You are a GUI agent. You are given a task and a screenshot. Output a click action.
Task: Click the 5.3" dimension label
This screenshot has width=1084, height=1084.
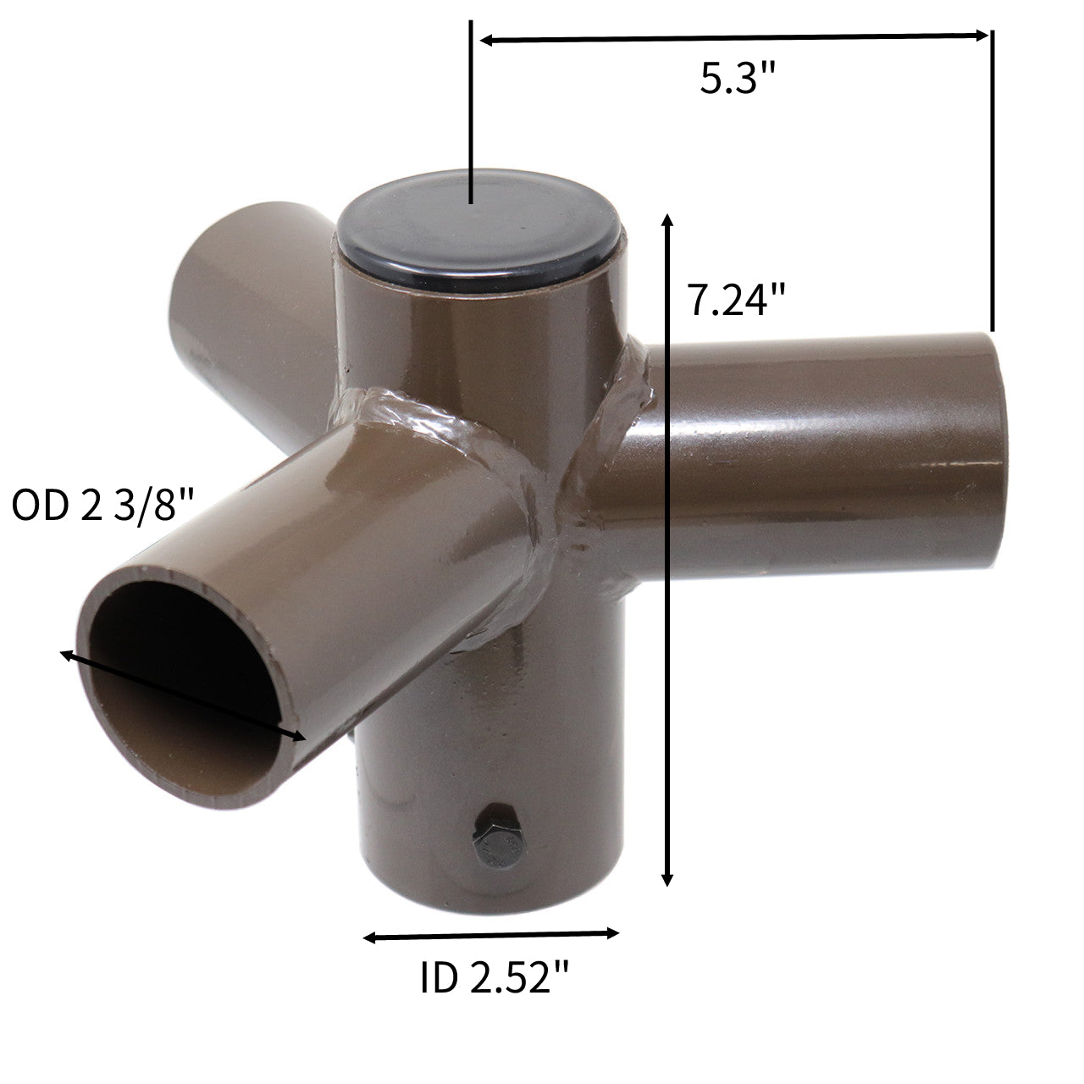pyautogui.click(x=738, y=79)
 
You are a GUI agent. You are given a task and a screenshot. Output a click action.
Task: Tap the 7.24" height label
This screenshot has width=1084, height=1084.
pyautogui.click(x=737, y=300)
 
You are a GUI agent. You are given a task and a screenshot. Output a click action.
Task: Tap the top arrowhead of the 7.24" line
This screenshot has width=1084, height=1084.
pyautogui.click(x=668, y=219)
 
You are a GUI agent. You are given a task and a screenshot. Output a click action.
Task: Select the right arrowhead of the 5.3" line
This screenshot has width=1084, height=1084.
pyautogui.click(x=982, y=36)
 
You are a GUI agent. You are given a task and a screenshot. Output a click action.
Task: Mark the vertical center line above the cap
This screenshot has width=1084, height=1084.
pyautogui.click(x=470, y=110)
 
